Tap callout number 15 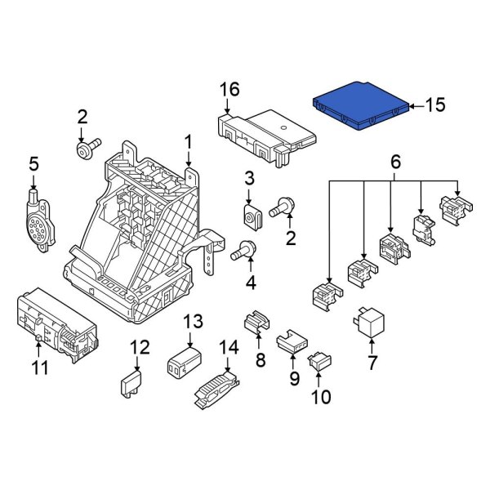pos(436,105)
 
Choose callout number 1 pos(188,142)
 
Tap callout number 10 pos(320,398)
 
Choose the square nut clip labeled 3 pos(253,216)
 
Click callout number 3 pos(250,178)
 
